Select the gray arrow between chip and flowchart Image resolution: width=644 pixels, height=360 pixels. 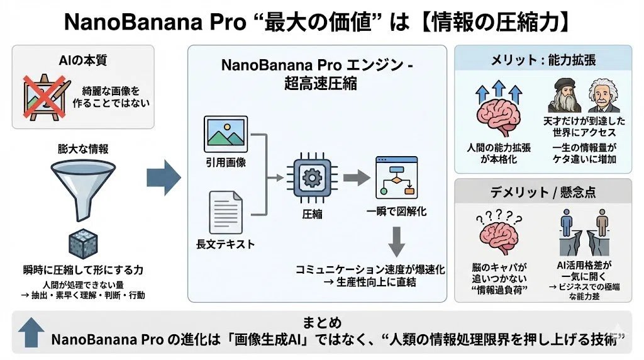(355, 177)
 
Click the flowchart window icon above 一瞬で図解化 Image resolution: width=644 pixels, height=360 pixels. (396, 177)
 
